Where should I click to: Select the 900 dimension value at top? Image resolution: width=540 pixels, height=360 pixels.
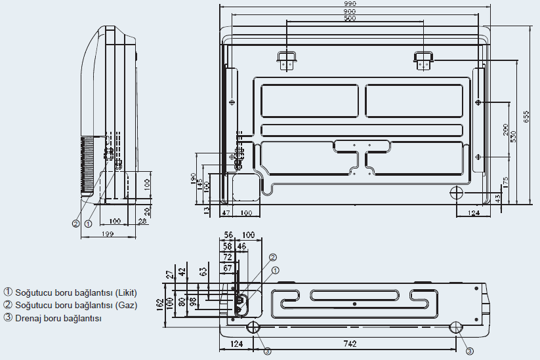pos(350,12)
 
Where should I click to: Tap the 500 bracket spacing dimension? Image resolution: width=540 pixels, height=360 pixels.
pos(350,18)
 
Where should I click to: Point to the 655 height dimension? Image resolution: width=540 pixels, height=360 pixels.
pos(526,115)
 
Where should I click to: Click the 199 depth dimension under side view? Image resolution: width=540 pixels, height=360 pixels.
pos(108,234)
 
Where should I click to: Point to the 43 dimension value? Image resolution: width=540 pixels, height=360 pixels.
pos(497,197)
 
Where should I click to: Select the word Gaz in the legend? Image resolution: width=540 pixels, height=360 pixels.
pos(126,305)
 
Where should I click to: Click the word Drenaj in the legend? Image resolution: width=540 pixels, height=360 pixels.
pos(30,318)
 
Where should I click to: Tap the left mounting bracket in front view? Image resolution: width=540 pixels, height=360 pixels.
pos(286,60)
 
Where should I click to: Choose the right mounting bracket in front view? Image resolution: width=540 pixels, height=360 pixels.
pos(423,60)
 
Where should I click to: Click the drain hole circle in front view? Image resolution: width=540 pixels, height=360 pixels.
pos(457,191)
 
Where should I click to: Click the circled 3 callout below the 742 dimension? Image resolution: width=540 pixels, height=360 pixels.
pos(469,351)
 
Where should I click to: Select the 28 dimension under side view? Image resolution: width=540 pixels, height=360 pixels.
pos(142,221)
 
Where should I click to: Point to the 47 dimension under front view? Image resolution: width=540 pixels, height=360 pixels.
pos(225,213)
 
